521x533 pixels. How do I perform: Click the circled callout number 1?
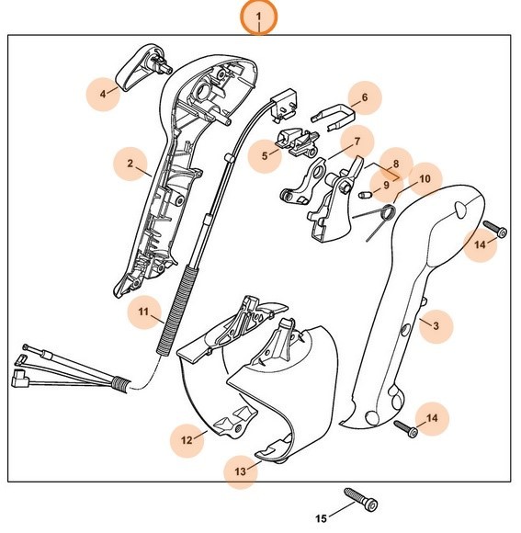[259, 17]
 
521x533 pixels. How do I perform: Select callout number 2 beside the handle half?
[131, 166]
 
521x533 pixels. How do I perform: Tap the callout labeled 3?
[436, 325]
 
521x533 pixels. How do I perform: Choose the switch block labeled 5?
[299, 141]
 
